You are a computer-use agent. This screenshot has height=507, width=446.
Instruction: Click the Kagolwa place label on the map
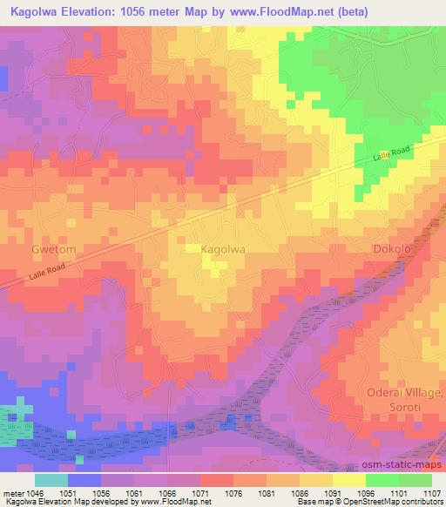click(222, 250)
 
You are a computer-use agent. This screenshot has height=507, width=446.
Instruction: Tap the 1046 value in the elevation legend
click(35, 493)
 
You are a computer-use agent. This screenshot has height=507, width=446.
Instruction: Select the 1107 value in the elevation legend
click(432, 493)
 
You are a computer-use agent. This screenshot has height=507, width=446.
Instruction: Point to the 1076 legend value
click(233, 493)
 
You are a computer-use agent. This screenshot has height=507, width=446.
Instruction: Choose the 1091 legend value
click(333, 493)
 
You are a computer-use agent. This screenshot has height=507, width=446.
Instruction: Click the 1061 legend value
click(134, 493)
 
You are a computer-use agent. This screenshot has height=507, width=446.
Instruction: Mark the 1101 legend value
click(399, 493)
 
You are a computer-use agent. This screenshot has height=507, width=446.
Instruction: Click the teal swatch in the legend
click(51, 480)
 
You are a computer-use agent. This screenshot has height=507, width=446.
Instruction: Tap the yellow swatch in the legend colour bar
click(348, 480)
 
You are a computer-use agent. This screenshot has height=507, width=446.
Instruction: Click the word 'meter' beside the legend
click(12, 493)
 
